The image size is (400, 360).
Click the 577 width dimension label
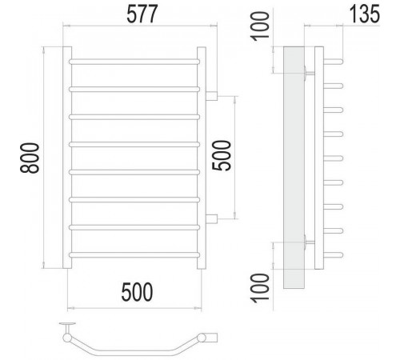tap(142, 14)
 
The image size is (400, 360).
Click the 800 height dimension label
tap(30, 158)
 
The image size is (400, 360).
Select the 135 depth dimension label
tap(364, 14)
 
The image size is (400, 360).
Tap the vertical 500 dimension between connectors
tap(222, 155)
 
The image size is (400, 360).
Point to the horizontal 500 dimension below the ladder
tap(137, 292)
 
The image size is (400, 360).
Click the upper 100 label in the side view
tap(260, 26)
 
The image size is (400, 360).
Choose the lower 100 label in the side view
tap(260, 288)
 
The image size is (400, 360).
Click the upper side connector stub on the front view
tap(211, 96)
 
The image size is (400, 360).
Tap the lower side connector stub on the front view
tap(211, 219)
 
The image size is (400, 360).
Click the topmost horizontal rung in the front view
tap(134, 62)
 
